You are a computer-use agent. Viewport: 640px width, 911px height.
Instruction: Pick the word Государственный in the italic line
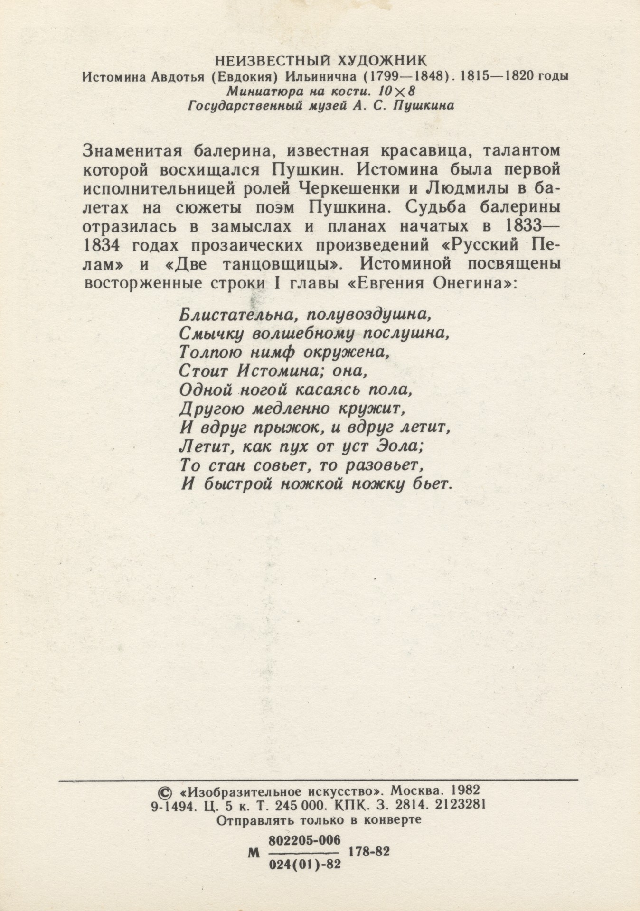tap(245, 106)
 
